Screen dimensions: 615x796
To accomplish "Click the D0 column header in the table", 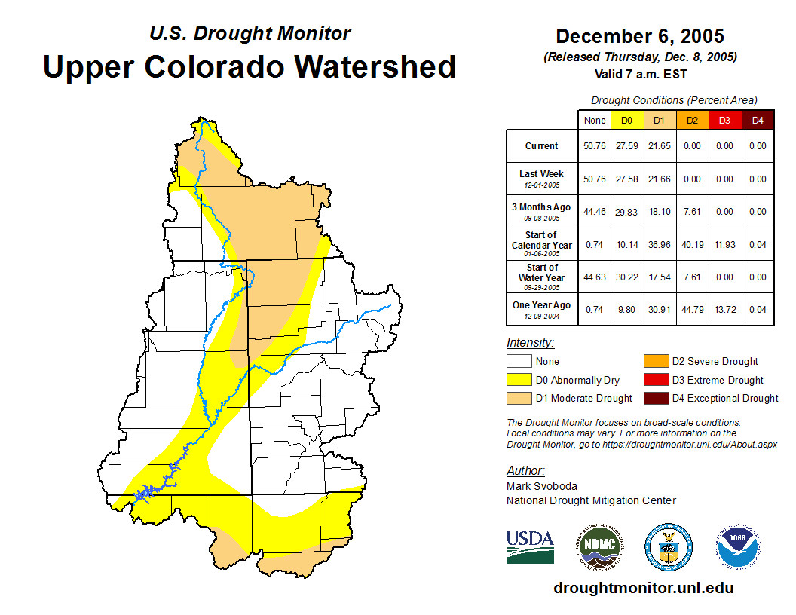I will [626, 120].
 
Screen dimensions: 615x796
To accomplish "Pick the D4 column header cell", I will [758, 120].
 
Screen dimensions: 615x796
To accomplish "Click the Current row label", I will [542, 146].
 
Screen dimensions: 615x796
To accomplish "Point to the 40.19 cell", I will [692, 245].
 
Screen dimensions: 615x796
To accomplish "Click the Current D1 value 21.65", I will [659, 146].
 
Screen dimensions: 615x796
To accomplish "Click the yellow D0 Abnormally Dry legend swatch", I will [518, 380].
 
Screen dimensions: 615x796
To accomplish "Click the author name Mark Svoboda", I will [542, 486].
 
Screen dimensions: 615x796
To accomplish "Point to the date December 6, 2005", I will [640, 36].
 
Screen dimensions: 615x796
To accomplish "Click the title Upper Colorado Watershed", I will [250, 66].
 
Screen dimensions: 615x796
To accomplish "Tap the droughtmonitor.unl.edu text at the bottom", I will [643, 588].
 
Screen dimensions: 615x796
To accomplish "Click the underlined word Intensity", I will [530, 343].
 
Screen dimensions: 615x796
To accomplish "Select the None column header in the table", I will [594, 120].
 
